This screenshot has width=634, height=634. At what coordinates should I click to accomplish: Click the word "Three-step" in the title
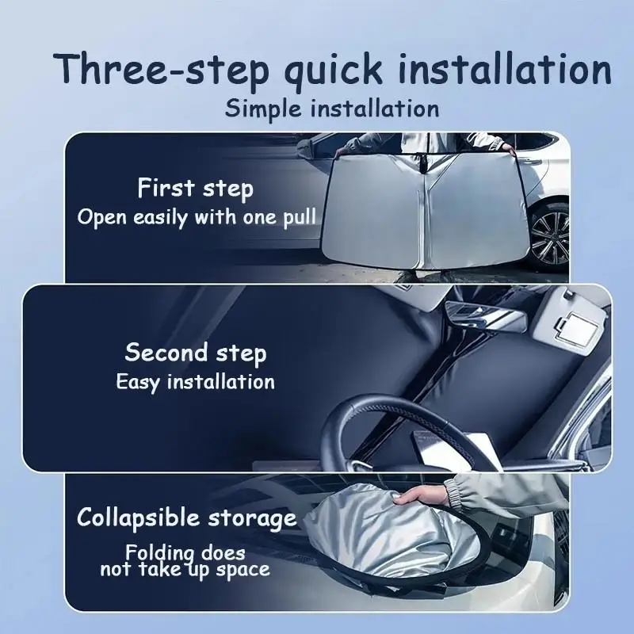click(162, 70)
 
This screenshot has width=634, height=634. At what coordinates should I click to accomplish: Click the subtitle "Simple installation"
click(332, 109)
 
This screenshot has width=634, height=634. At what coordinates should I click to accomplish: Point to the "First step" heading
click(195, 189)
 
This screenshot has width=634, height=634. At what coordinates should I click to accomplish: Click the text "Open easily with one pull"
click(197, 218)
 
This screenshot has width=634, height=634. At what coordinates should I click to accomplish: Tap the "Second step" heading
click(196, 353)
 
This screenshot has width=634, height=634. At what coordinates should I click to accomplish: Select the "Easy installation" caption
click(195, 383)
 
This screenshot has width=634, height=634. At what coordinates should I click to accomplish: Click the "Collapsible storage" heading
click(186, 518)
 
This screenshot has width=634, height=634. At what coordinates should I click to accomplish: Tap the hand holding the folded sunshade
click(422, 494)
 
